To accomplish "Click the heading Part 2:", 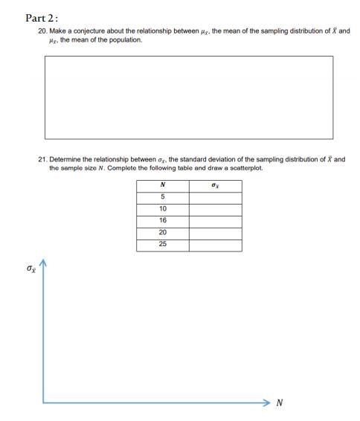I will (x=42, y=18).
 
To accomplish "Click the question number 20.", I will (x=42, y=32).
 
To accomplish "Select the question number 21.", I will (x=42, y=159).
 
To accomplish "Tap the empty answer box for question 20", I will (x=189, y=97).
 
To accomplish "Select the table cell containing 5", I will (x=162, y=197).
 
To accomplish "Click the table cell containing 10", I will (x=162, y=209).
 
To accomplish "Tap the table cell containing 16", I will (x=162, y=221).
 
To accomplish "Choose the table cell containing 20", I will (x=162, y=233).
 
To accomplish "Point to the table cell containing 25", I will (x=162, y=245).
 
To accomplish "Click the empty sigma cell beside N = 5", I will (x=215, y=197).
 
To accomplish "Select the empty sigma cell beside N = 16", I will (x=215, y=221).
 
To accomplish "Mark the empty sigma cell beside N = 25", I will (x=215, y=245).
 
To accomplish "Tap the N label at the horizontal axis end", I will (x=280, y=403).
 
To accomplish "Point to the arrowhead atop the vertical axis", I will (x=42, y=263).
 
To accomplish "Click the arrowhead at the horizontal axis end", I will (x=266, y=402).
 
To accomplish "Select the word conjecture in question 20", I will (x=92, y=32).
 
